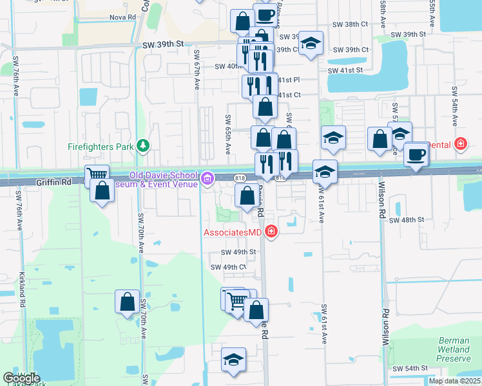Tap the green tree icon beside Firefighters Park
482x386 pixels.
pos(143,147)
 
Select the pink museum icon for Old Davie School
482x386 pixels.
pos(207,179)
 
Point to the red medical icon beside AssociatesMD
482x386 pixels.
pos(271,232)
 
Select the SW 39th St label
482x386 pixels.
pos(162,43)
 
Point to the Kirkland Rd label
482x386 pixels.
pos(21,288)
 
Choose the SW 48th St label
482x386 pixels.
pos(407,220)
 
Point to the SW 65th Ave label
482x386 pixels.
pos(227,134)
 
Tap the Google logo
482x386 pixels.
pos(21,378)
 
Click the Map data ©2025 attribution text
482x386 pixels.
pos(454,381)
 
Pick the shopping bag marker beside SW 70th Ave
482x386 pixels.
pos(128,300)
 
